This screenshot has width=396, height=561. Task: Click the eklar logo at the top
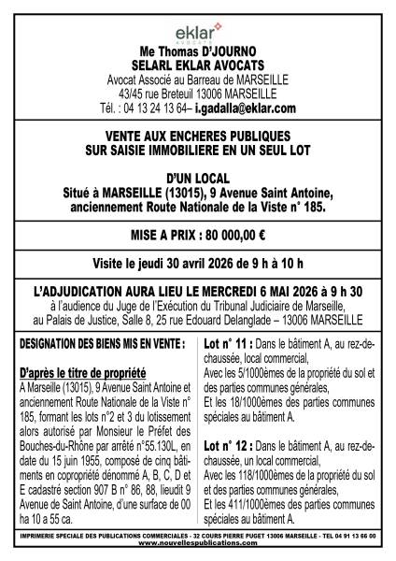pos(197,32)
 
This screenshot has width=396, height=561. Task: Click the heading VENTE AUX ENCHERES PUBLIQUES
pos(198,135)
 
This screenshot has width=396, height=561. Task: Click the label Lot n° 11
pos(228,343)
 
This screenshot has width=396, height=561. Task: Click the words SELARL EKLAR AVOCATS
pos(198,67)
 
